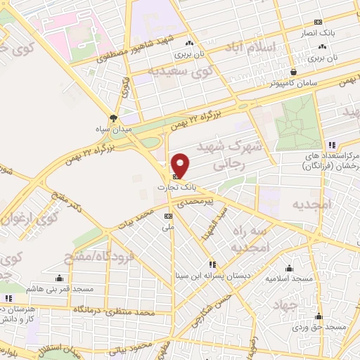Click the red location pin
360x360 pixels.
pyautogui.click(x=181, y=165)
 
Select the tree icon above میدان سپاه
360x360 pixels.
pyautogui.click(x=114, y=118)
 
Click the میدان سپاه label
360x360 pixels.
pyautogui.click(x=114, y=129)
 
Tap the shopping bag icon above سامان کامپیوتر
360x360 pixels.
pyautogui.click(x=293, y=71)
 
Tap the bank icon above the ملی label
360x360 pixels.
pyautogui.click(x=168, y=217)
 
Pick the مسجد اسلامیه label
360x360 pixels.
pyautogui.click(x=288, y=278)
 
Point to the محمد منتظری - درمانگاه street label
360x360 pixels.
pyautogui.click(x=116, y=310)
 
